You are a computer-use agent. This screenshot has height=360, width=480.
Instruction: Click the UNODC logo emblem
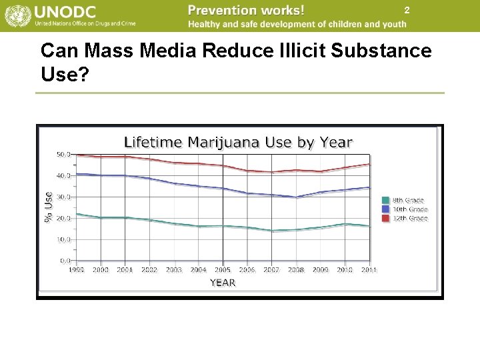(17, 16)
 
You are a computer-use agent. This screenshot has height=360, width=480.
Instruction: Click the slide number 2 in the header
(406, 11)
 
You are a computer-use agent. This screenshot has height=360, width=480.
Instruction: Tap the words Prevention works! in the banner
(246, 10)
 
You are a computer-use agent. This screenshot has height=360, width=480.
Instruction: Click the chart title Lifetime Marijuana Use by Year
(238, 142)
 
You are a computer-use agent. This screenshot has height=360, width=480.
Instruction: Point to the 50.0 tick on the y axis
(63, 154)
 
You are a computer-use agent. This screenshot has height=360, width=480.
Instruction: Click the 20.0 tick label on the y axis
(63, 218)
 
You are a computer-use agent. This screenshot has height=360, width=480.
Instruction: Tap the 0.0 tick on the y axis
(65, 260)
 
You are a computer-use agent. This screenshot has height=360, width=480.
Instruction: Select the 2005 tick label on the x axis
(223, 270)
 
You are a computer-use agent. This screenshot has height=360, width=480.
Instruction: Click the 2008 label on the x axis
(296, 270)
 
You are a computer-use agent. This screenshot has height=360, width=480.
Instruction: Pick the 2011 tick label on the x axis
(369, 270)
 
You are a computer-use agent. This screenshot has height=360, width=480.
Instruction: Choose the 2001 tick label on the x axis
(125, 270)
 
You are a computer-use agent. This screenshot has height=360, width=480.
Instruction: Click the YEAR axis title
(223, 283)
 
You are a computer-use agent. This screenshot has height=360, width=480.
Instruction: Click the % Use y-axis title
(49, 207)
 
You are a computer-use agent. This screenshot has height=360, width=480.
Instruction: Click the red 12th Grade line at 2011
(369, 164)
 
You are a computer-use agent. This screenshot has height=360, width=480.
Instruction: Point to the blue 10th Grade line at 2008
(296, 197)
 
